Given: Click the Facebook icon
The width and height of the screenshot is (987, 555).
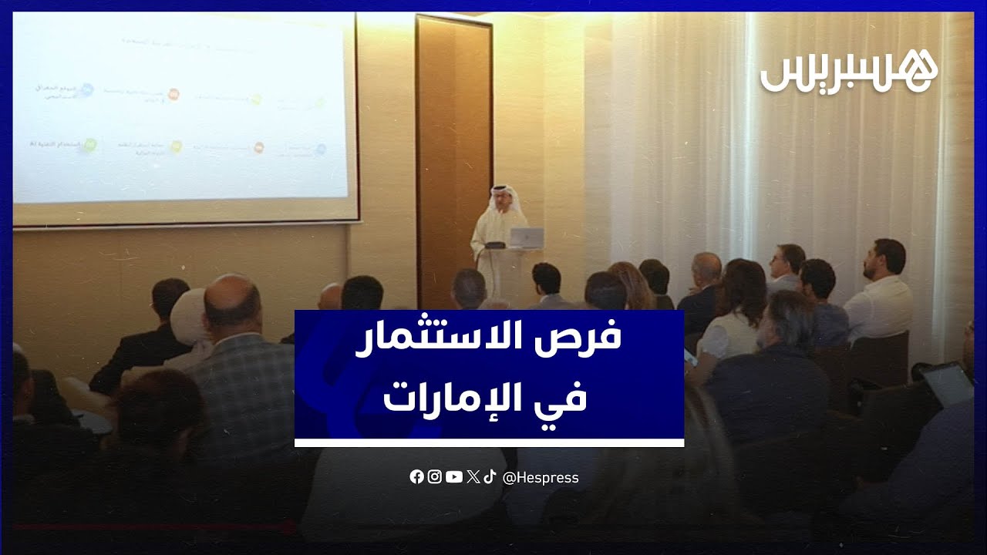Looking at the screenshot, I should tap(416, 477).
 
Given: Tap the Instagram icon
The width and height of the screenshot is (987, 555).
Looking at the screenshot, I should tap(435, 477).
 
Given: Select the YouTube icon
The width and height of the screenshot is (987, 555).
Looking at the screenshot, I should tap(454, 477).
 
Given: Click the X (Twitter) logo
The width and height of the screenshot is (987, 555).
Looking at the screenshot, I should tap(473, 477).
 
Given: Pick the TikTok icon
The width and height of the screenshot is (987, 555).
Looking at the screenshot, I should tap(489, 477).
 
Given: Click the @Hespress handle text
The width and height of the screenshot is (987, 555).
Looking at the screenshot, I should tap(541, 478).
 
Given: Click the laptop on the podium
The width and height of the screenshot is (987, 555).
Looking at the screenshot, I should tap(527, 237).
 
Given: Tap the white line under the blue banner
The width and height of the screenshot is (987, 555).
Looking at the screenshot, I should tap(489, 442).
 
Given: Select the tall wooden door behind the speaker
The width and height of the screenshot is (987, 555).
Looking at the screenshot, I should tap(453, 154).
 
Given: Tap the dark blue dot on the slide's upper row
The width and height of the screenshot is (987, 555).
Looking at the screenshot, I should tap(87, 90).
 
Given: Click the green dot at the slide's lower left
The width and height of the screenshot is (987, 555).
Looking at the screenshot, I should tap(89, 144).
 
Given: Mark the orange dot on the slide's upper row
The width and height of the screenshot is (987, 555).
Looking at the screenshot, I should tap(173, 94).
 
